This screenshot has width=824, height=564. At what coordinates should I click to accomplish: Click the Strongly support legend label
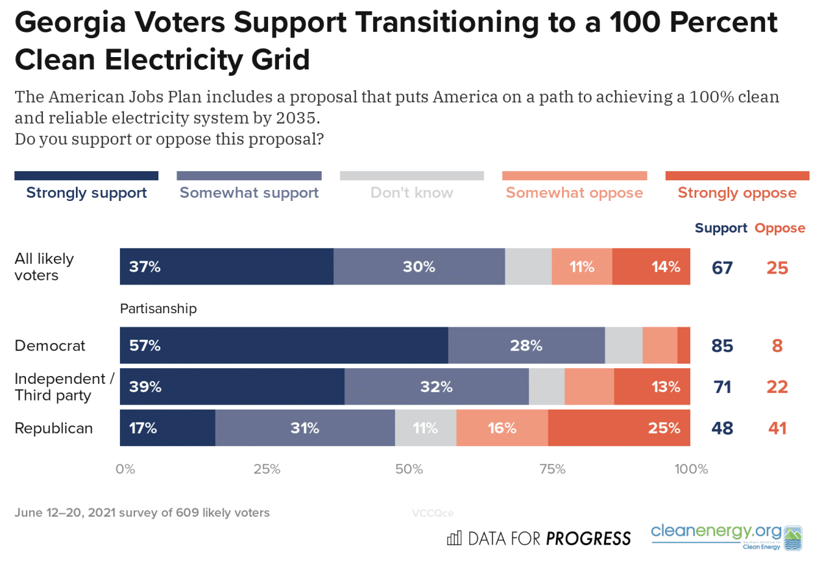(86, 193)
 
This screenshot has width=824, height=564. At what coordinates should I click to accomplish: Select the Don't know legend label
(411, 193)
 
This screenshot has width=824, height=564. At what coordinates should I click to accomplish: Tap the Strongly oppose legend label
(737, 193)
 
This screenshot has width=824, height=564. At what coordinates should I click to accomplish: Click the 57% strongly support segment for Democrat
(284, 346)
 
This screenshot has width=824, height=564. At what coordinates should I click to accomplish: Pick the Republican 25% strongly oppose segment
(619, 428)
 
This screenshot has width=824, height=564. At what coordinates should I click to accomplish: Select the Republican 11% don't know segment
(426, 428)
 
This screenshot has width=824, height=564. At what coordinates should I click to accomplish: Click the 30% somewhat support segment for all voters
(419, 266)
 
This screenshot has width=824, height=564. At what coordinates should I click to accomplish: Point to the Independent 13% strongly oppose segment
(652, 387)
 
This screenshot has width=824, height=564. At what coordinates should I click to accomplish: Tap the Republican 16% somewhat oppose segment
(502, 428)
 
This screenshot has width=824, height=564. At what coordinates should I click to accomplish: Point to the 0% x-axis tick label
(125, 469)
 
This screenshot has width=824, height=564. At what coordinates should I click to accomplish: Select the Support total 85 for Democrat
(721, 346)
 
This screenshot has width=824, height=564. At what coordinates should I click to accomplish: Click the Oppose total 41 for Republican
(777, 428)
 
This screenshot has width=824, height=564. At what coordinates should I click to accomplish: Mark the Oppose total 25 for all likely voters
(777, 267)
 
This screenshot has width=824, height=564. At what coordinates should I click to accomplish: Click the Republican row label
(53, 428)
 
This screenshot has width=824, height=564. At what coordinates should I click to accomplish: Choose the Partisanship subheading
(158, 309)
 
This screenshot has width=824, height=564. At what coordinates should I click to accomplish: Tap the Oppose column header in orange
(779, 228)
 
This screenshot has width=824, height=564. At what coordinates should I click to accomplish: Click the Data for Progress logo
(539, 538)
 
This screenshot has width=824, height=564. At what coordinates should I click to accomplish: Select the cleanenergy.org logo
(726, 537)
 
